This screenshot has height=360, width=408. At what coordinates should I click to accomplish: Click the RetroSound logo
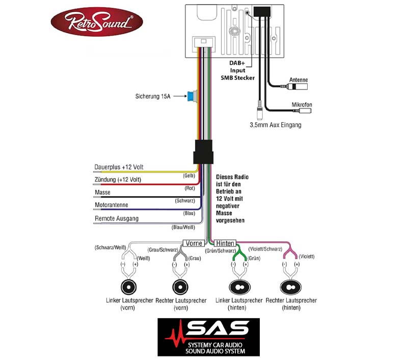97,21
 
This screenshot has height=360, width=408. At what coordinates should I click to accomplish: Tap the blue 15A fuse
191,97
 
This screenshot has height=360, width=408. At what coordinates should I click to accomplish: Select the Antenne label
298,80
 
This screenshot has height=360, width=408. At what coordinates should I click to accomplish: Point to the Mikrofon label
302,104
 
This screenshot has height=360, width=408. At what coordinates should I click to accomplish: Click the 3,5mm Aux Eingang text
276,125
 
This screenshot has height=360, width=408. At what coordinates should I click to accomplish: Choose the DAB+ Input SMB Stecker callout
237,70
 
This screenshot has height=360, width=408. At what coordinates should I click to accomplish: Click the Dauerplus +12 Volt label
119,167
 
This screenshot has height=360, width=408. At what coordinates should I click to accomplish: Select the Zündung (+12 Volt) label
118,179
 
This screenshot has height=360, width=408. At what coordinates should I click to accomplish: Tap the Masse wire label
102,192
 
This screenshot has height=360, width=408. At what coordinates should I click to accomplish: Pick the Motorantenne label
112,205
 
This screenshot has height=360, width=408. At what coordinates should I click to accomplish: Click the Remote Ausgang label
117,218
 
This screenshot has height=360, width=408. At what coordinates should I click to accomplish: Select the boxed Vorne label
194,243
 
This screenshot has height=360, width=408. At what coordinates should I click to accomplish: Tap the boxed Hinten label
225,243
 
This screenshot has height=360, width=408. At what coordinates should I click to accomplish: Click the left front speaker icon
128,287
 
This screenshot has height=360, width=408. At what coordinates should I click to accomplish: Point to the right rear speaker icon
291,287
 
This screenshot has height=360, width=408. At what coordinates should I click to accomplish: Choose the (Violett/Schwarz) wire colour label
265,249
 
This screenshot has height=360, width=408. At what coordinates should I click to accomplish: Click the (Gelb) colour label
189,176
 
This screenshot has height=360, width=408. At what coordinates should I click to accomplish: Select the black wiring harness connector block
203,152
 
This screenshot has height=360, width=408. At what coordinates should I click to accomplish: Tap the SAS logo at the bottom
209,337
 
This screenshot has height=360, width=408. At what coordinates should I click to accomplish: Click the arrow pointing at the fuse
180,96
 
